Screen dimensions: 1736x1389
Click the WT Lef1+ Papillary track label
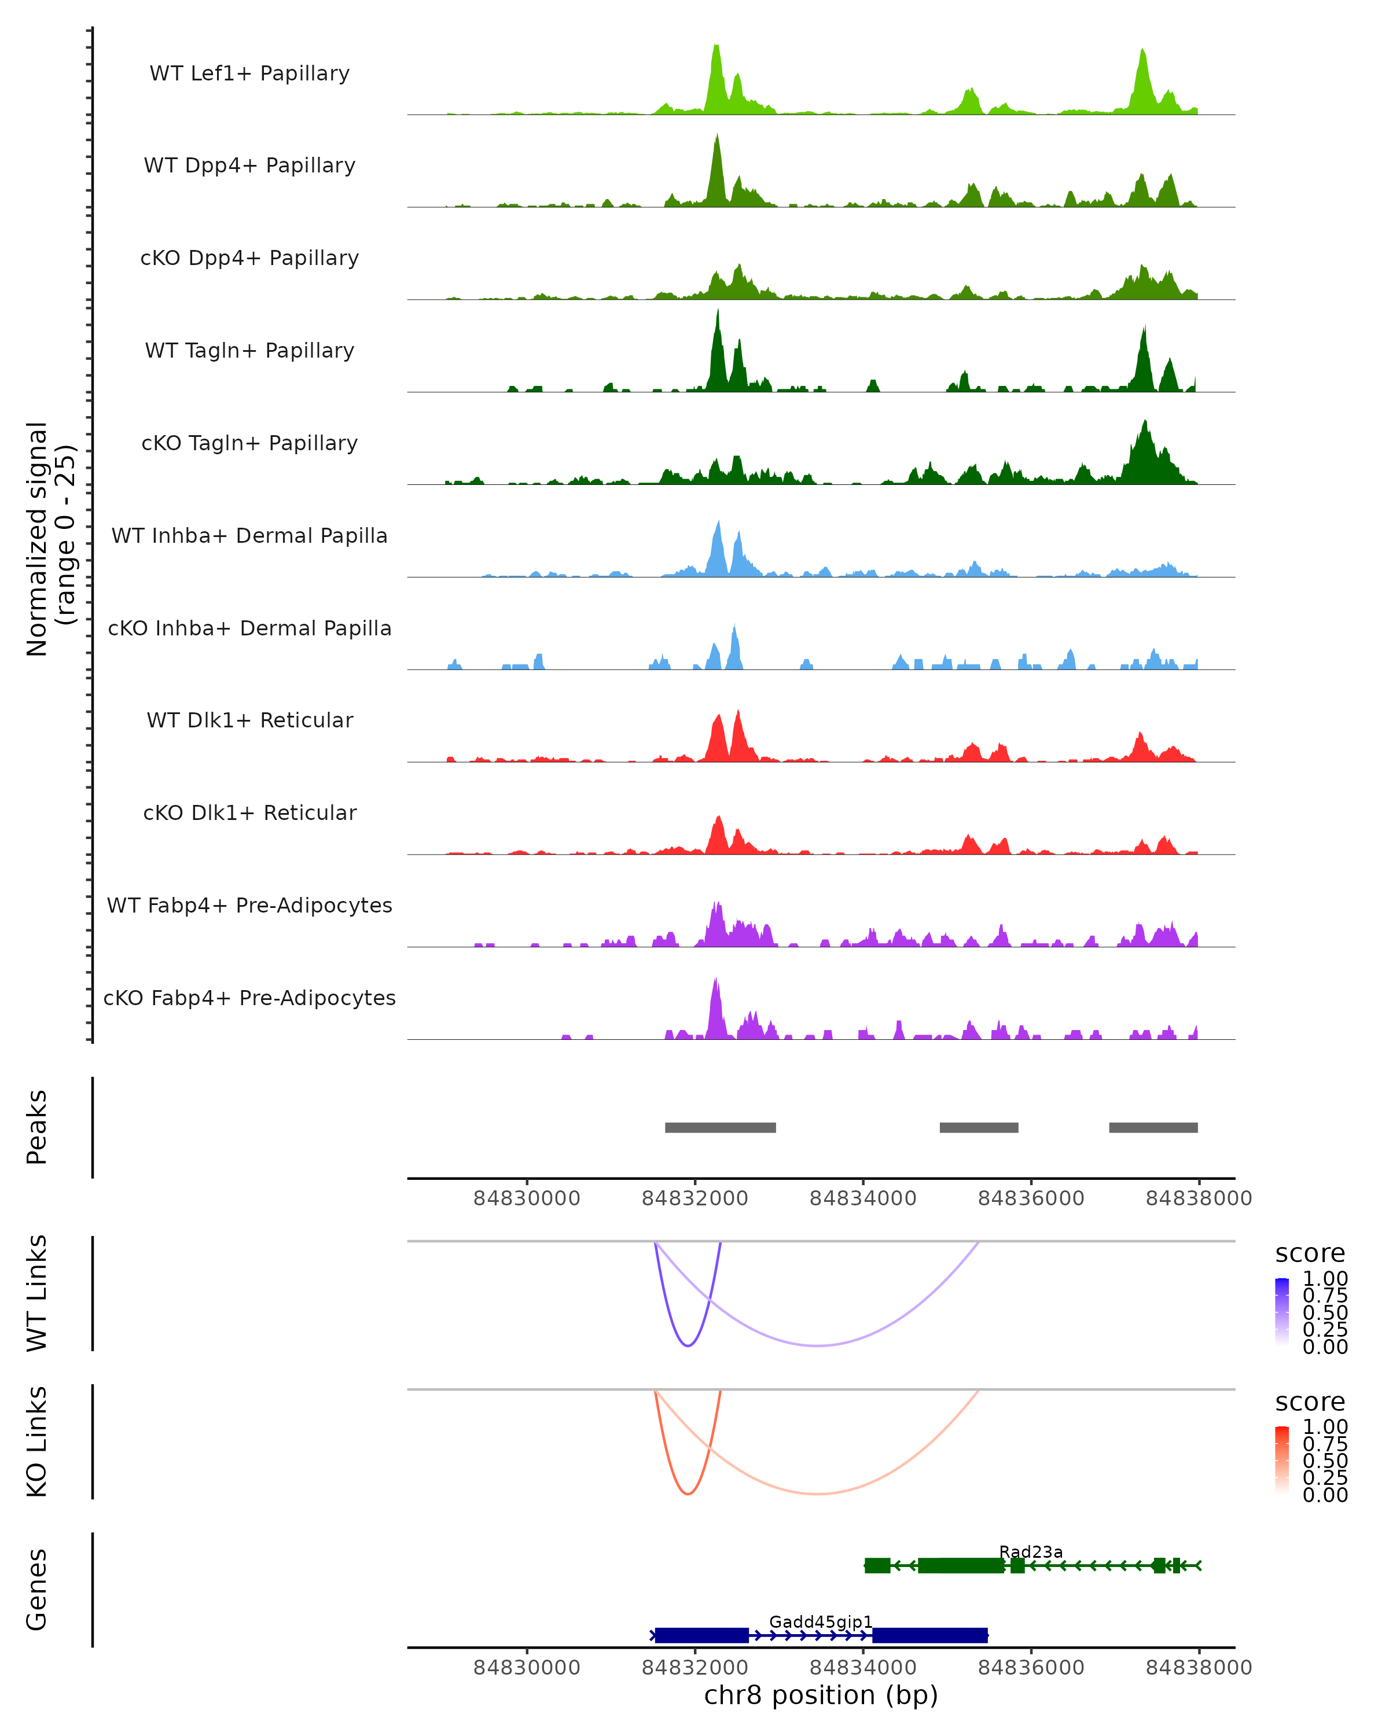(249, 73)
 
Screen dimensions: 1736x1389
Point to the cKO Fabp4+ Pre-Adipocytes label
(249, 998)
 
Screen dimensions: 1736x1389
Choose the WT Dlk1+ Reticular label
(249, 720)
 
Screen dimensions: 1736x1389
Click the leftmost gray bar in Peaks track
(720, 1127)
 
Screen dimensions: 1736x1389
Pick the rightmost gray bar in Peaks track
(1153, 1127)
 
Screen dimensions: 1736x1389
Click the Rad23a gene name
(1031, 1551)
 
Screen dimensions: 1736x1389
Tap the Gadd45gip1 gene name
(821, 1621)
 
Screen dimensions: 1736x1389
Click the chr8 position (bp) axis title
(821, 1695)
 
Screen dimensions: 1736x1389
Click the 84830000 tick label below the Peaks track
(527, 1198)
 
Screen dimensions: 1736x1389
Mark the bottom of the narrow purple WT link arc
(688, 1345)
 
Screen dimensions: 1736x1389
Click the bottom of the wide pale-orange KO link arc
(817, 1494)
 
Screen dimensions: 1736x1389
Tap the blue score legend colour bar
(1282, 1312)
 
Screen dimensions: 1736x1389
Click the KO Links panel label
(37, 1441)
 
